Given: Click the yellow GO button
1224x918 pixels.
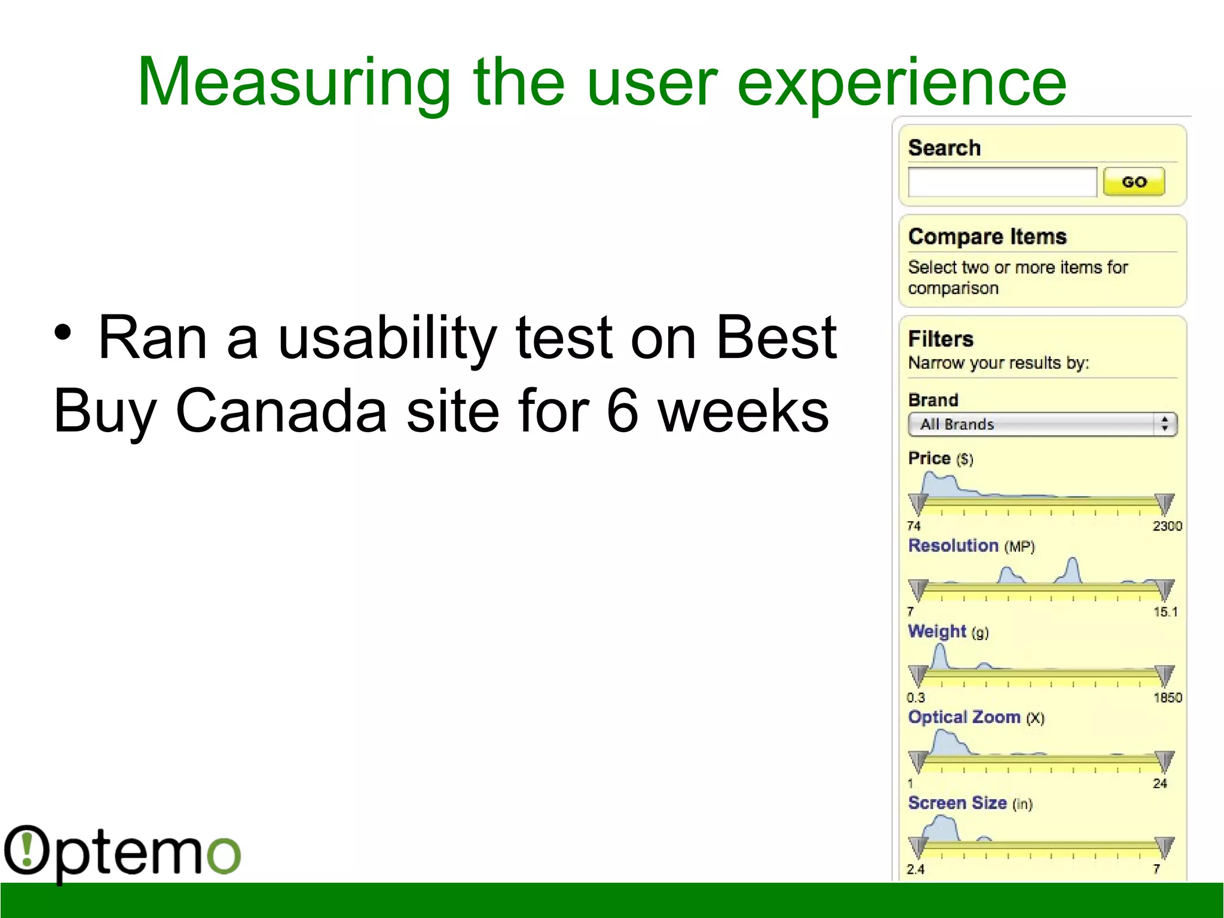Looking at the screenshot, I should [1134, 182].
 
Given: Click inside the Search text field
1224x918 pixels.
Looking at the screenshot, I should [1002, 182].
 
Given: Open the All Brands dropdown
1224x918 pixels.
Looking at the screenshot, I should [1042, 424].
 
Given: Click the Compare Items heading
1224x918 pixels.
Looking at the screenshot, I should [987, 237].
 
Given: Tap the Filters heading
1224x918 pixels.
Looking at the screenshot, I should [941, 339].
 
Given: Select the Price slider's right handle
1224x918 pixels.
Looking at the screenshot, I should [1164, 504].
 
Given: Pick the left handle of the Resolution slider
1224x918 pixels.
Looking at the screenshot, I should [918, 589].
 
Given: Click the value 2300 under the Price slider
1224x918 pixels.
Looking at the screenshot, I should [1167, 526].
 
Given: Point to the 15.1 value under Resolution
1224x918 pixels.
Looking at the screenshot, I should [1165, 612].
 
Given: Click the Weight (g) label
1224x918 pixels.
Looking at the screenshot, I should [948, 632].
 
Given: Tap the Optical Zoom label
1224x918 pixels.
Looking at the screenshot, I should [975, 717].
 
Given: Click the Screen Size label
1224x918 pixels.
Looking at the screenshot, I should [969, 803].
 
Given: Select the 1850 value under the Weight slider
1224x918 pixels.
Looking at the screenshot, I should [1167, 697].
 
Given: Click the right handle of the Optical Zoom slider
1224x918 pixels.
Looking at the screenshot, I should [1164, 761].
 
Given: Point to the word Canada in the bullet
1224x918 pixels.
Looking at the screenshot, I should [281, 411].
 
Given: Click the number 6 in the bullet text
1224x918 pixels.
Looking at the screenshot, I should [622, 411].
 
